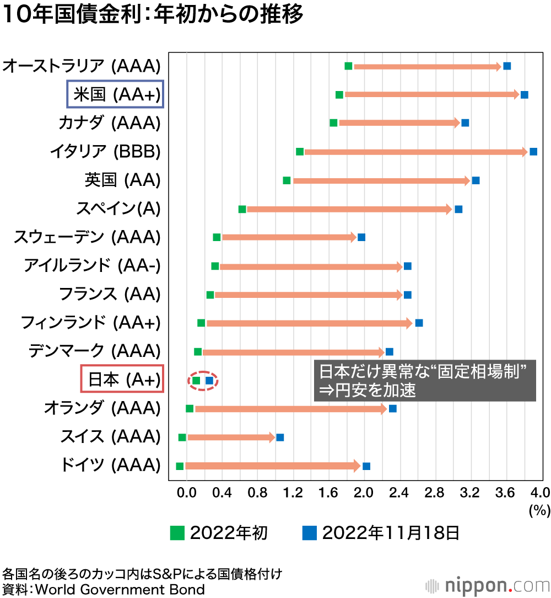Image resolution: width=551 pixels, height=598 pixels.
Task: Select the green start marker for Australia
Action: (x=348, y=66)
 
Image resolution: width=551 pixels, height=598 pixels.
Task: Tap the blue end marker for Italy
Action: (x=533, y=152)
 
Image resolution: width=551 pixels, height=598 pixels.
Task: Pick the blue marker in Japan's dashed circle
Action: (x=209, y=380)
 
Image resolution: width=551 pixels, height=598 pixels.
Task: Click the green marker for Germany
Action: (x=180, y=466)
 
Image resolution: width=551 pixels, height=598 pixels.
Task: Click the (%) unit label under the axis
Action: (x=539, y=510)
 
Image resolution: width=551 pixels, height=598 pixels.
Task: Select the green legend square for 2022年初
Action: (x=177, y=533)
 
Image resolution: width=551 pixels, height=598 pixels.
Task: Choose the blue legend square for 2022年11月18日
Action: (x=310, y=533)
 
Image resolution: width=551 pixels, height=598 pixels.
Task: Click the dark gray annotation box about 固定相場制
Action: (x=424, y=381)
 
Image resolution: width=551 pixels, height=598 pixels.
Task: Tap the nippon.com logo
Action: (x=488, y=584)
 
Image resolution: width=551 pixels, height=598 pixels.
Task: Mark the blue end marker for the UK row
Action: (x=476, y=180)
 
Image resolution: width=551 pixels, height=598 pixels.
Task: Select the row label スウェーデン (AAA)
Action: (x=87, y=237)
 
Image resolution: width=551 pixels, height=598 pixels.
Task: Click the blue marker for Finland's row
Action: (x=419, y=323)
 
